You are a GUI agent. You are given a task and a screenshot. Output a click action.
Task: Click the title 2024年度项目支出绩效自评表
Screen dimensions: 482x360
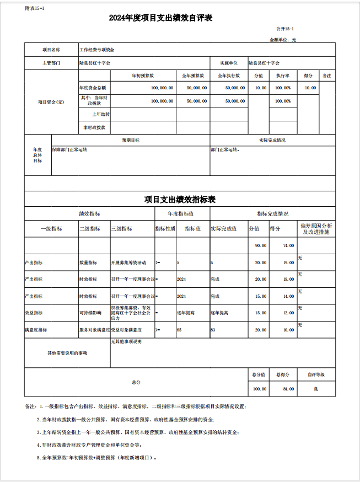(x=161, y=18)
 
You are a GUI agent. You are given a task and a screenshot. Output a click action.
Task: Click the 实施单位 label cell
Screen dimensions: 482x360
(x=228, y=63)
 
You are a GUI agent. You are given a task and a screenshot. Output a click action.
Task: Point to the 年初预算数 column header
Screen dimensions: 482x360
(x=142, y=76)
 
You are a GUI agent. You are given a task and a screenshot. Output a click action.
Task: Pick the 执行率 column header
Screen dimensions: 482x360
(x=283, y=76)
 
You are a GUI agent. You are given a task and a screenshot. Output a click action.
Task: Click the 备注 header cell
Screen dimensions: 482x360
(x=327, y=76)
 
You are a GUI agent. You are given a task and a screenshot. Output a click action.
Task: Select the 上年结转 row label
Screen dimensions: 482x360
(x=101, y=114)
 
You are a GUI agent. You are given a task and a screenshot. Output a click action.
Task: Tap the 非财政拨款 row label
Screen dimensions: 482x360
(x=94, y=127)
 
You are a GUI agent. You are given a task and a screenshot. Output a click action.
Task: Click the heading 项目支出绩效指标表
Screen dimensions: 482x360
(x=180, y=199)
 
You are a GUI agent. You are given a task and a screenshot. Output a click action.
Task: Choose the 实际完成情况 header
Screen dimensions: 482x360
(x=272, y=140)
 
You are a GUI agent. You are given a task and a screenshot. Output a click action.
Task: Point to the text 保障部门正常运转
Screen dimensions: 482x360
(x=69, y=149)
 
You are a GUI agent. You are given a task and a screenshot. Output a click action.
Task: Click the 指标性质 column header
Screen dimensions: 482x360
(x=165, y=228)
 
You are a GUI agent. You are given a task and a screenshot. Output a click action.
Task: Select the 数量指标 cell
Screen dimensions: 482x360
(x=88, y=263)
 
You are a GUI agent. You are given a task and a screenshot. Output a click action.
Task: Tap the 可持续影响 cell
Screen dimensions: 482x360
(x=90, y=313)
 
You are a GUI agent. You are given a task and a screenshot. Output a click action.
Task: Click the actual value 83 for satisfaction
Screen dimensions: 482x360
(x=213, y=330)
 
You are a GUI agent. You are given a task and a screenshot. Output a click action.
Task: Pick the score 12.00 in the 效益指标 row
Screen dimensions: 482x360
(x=288, y=313)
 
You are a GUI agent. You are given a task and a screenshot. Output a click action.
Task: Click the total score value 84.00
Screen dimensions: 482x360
(x=288, y=389)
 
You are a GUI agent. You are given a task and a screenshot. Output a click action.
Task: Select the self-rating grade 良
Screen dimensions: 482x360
(x=316, y=389)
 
